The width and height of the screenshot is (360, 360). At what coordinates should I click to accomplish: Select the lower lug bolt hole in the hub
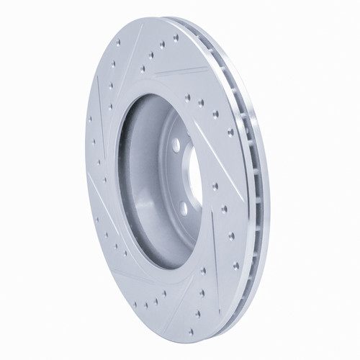(x=184, y=208)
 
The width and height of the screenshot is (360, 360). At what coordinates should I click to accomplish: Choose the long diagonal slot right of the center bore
(x=220, y=137)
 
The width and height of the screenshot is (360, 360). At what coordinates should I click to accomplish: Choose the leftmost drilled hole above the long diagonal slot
(x=187, y=96)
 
